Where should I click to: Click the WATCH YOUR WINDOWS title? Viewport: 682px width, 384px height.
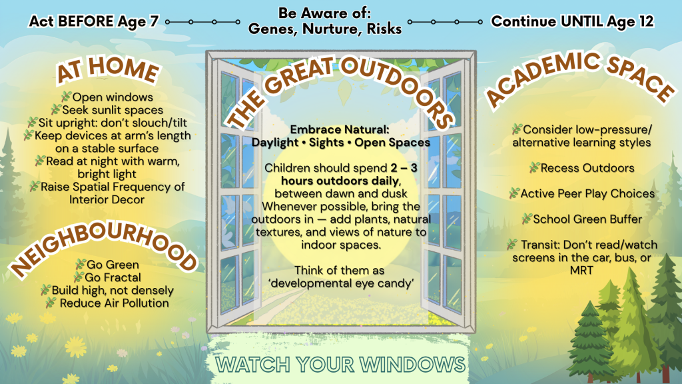point(340,365)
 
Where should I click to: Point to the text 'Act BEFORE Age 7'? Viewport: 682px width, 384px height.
point(93,21)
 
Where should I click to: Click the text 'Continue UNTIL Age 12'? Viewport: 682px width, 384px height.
point(572,21)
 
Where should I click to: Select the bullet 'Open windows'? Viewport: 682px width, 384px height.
point(113,97)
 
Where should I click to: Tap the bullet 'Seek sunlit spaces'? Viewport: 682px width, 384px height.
point(112,110)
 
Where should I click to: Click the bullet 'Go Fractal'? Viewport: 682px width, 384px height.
point(113,277)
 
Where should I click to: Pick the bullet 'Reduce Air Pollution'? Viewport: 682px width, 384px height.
point(114,303)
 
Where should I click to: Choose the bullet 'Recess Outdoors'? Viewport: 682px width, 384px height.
point(587,168)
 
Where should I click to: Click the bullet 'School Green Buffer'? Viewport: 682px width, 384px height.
point(587,219)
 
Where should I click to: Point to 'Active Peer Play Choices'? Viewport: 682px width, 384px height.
point(587,194)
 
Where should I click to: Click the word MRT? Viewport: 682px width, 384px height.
point(581,271)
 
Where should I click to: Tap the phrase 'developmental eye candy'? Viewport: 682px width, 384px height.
point(340,283)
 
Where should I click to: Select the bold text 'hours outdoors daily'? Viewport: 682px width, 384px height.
point(340,181)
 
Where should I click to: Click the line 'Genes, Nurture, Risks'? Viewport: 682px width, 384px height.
point(325,29)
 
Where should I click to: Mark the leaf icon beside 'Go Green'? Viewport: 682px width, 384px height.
point(80,264)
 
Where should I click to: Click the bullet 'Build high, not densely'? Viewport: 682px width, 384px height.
point(113,291)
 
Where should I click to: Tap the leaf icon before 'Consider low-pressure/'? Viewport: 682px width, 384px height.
point(517,129)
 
